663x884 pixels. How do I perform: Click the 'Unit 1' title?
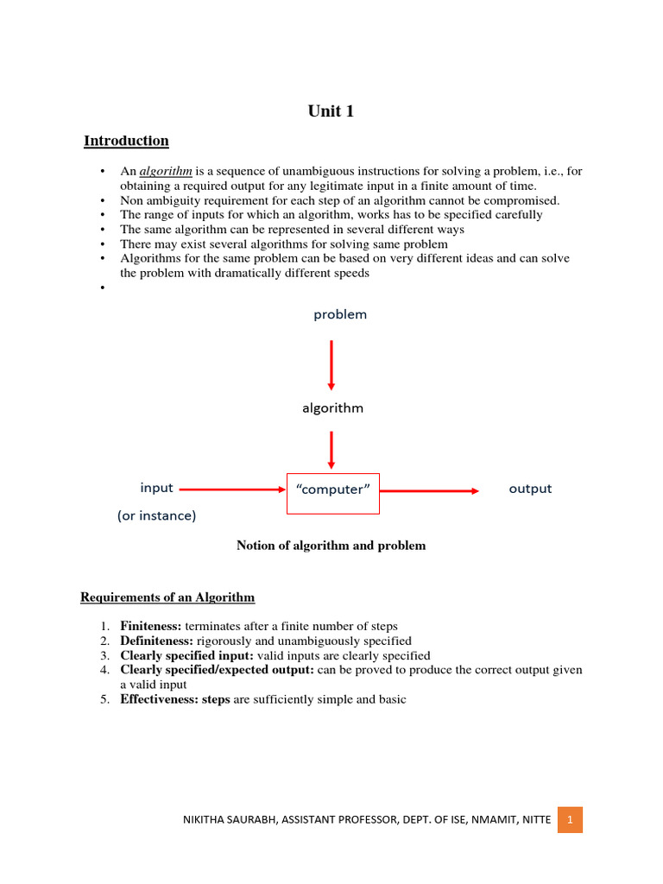[x=331, y=110]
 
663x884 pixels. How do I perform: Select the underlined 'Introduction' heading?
[x=126, y=141]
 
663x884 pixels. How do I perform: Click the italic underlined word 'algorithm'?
[x=166, y=172]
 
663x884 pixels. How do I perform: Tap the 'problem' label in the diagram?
[x=340, y=315]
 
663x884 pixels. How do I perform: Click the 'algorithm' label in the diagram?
[x=332, y=408]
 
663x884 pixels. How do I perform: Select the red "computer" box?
[x=332, y=491]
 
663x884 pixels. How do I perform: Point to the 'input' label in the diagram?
[x=157, y=488]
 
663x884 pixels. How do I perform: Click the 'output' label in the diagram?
[x=530, y=489]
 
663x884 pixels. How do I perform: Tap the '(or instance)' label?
[x=157, y=516]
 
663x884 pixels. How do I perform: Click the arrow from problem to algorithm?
[x=331, y=364]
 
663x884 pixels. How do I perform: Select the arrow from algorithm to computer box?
[x=331, y=451]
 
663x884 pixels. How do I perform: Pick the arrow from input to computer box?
[x=231, y=489]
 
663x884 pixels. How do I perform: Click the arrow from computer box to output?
[x=429, y=490]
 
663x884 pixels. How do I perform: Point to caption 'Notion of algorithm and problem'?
[x=331, y=546]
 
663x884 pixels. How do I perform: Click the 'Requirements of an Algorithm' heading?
[x=167, y=597]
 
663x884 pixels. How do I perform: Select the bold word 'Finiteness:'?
[x=151, y=626]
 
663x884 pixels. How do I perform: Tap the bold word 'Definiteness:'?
[x=157, y=641]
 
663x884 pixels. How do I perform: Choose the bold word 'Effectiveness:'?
[x=159, y=699]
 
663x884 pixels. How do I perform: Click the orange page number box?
[x=570, y=819]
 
